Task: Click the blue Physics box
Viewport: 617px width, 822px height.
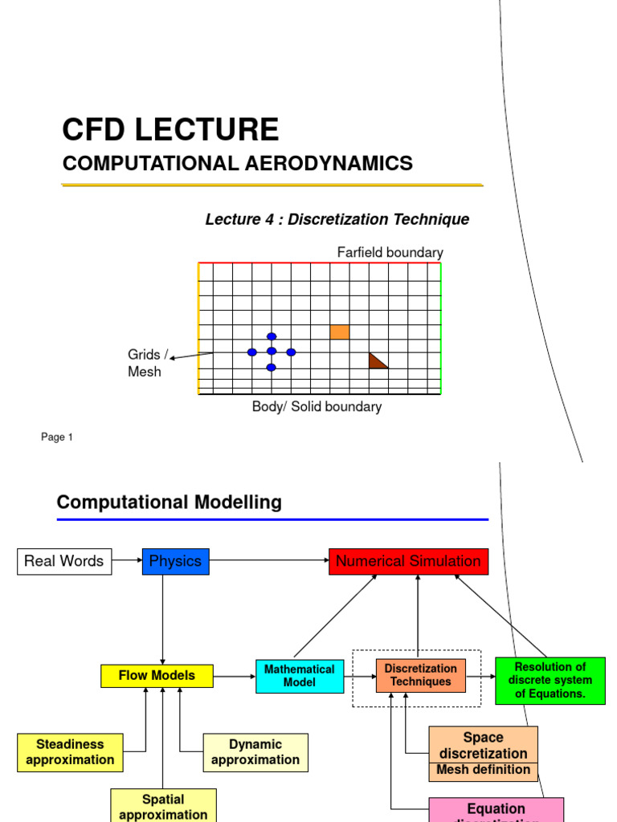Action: [x=175, y=561]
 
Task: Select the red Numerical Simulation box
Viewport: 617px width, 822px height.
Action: [x=408, y=561]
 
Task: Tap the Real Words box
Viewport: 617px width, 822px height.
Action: [x=64, y=561]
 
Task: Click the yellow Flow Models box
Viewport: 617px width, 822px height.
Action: [x=157, y=676]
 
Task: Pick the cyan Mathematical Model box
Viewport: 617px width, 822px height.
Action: [x=300, y=676]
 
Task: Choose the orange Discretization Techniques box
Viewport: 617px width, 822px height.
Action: [x=421, y=675]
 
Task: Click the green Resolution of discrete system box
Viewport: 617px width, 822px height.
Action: [x=550, y=680]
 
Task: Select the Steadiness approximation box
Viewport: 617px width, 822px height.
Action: [x=70, y=752]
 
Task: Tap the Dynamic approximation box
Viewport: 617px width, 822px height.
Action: [x=255, y=752]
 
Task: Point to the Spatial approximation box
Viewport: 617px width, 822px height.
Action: [x=163, y=806]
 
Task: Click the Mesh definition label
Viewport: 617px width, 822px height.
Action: [x=483, y=770]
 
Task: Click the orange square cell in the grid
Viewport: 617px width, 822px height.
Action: [x=340, y=332]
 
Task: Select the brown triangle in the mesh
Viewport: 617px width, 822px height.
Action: [x=376, y=361]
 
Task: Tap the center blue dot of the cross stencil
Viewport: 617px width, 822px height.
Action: [x=272, y=352]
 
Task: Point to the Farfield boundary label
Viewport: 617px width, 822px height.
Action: [x=390, y=253]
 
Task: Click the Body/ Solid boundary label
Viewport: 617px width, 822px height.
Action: [x=317, y=407]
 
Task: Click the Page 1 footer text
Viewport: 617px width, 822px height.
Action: [x=57, y=437]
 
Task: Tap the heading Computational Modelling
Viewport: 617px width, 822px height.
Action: [x=169, y=503]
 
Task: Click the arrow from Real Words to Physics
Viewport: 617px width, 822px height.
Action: [x=127, y=561]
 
